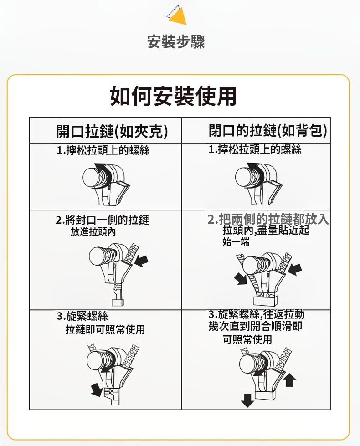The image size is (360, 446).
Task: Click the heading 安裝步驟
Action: tap(176, 42)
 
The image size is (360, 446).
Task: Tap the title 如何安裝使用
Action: tap(173, 97)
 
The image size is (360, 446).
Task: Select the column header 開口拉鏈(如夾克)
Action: tap(112, 131)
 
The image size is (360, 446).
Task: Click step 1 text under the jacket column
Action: tap(103, 150)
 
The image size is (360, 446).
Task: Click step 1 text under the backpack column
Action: tap(255, 149)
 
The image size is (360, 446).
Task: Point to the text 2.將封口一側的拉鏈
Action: tap(103, 220)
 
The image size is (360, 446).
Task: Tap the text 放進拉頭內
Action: tap(93, 232)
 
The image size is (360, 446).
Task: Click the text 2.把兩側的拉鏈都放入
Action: tap(268, 219)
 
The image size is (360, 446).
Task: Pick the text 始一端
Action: tap(236, 242)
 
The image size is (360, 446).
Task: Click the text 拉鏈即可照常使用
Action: tap(105, 329)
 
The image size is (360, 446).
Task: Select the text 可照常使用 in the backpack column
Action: tap(247, 339)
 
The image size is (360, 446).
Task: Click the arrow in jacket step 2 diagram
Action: tap(141, 261)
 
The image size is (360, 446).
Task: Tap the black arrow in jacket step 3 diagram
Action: tap(96, 390)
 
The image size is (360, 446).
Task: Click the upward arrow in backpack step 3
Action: tap(289, 380)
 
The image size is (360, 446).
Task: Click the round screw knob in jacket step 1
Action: tap(91, 177)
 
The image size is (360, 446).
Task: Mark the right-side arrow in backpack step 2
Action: tap(295, 269)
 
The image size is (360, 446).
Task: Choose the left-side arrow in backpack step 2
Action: tap(241, 279)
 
